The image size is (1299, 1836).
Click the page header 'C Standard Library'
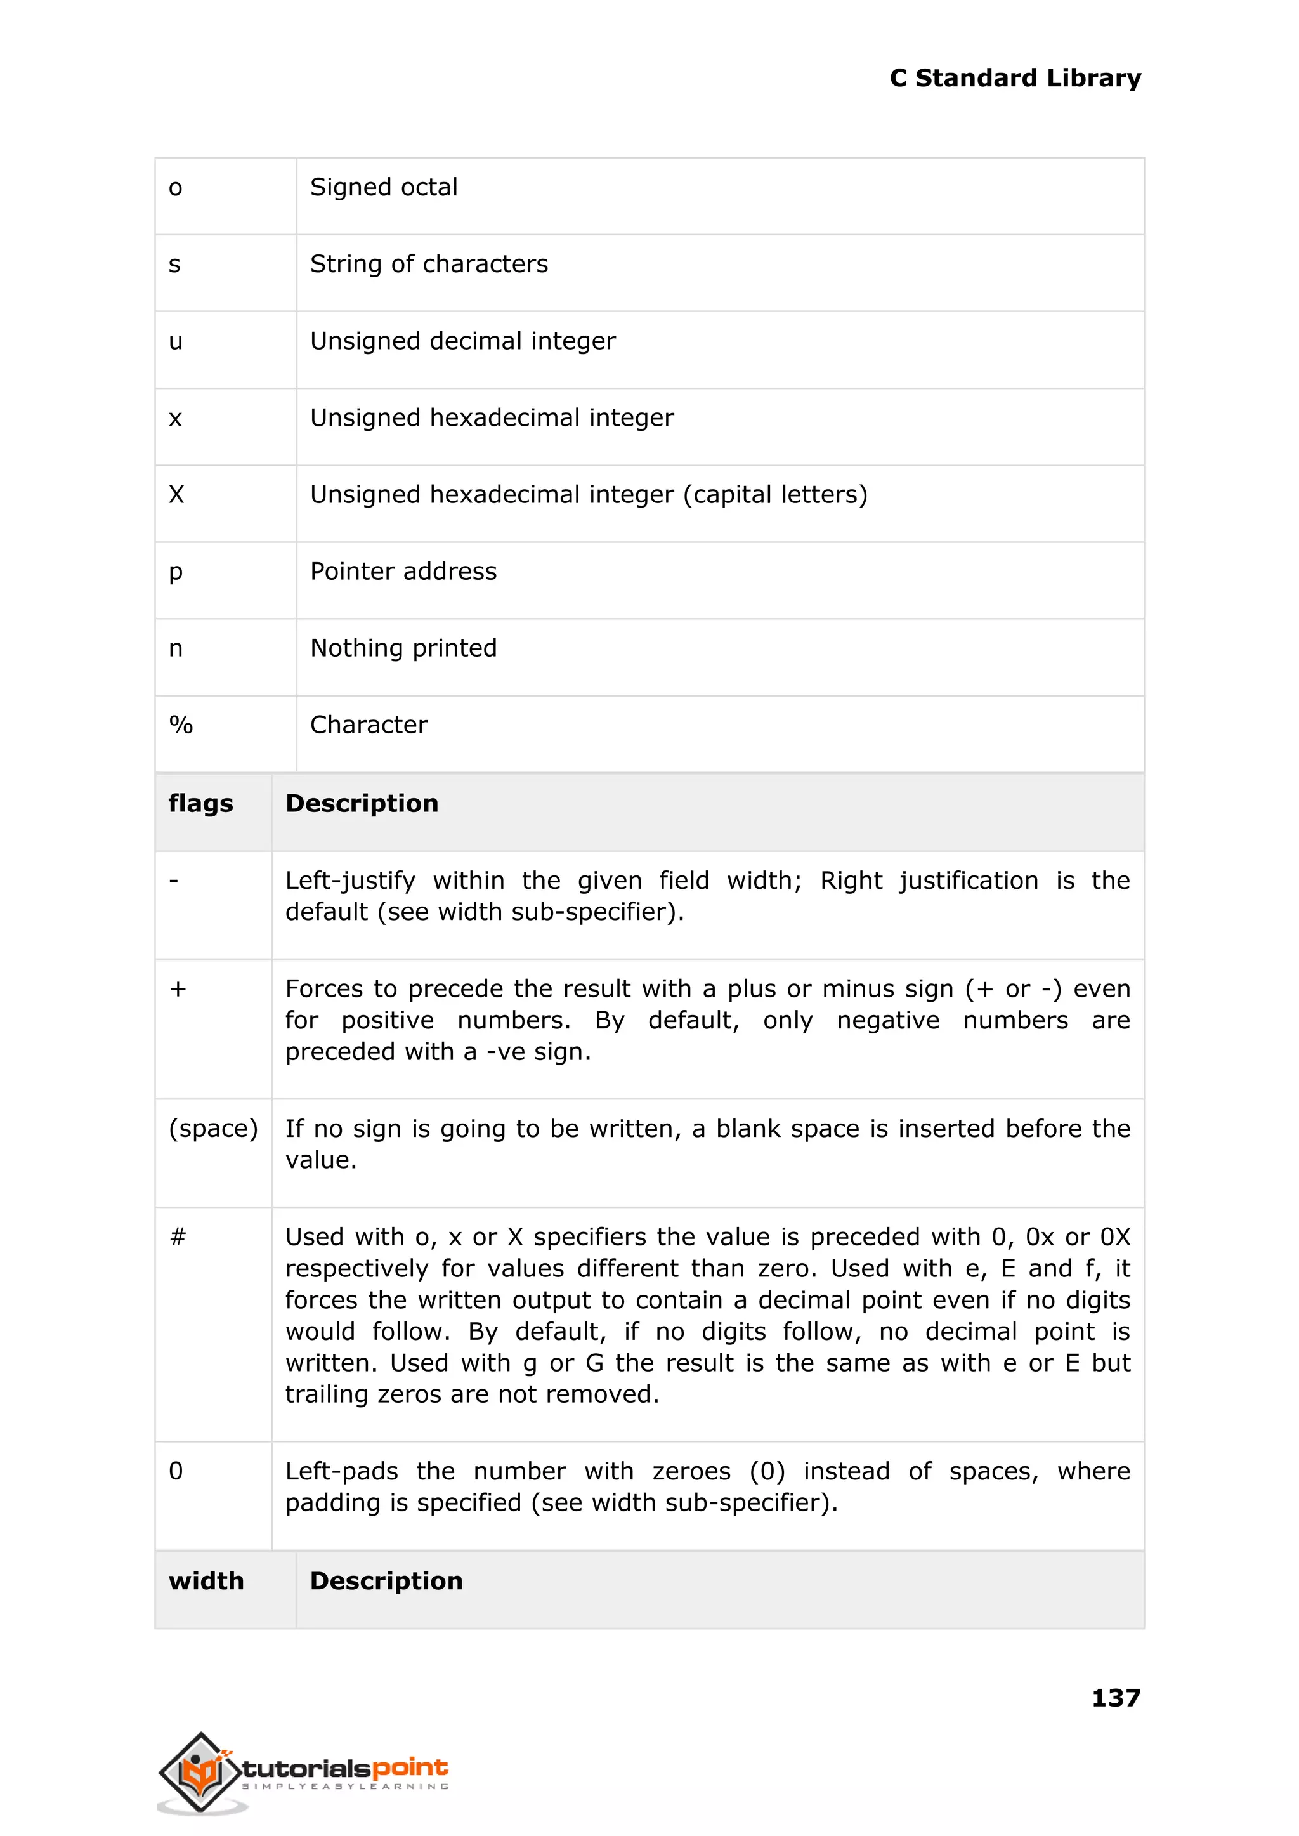point(1014,79)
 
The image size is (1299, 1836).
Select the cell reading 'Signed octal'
point(383,187)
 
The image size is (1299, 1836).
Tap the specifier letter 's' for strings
point(174,265)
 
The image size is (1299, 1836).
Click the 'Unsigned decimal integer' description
point(462,341)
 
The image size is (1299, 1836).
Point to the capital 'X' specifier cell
point(177,494)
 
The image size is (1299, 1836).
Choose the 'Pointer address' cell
point(403,571)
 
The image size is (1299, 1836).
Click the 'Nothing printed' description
point(403,648)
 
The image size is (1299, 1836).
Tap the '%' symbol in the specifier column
point(181,725)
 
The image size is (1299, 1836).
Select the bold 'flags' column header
point(201,803)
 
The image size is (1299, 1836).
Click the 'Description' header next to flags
point(362,803)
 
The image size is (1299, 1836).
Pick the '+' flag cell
point(178,990)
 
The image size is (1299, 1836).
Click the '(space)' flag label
point(212,1129)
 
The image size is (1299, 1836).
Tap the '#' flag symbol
point(178,1238)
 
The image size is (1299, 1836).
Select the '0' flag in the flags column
point(176,1471)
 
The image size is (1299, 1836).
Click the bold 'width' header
point(206,1581)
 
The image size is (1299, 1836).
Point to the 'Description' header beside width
point(386,1581)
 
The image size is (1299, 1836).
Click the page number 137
point(1115,1698)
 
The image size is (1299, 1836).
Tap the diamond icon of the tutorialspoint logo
point(201,1771)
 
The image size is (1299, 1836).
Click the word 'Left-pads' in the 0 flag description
point(341,1471)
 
